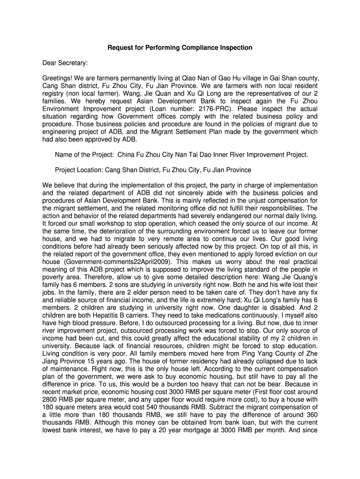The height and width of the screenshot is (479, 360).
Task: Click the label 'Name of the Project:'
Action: click(x=85, y=154)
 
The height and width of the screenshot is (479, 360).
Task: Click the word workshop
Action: click(x=107, y=223)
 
